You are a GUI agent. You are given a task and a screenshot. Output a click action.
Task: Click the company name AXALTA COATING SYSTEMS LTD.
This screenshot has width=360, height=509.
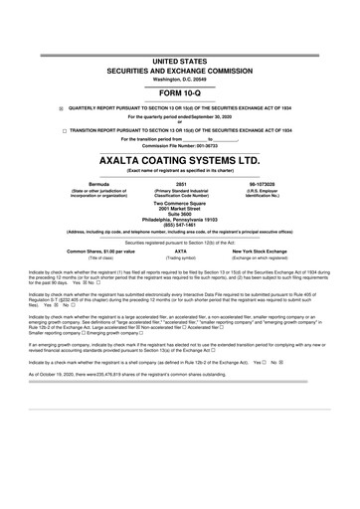[180, 159]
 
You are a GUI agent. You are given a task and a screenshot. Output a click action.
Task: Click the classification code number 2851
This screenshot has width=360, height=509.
[180, 185]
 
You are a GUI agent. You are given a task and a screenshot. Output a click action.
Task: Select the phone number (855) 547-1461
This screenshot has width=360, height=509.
[180, 225]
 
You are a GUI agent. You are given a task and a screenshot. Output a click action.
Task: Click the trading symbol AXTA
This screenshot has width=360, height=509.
[180, 252]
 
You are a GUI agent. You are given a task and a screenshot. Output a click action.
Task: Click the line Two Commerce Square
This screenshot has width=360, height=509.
[180, 201]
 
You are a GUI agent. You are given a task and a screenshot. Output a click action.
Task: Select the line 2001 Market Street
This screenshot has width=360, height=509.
[180, 207]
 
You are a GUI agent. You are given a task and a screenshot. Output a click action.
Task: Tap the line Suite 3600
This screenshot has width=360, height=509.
[180, 213]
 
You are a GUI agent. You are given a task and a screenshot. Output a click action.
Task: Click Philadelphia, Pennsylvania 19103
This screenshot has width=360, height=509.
[180, 219]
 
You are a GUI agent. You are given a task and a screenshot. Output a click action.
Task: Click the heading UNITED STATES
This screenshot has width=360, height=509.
[180, 61]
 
